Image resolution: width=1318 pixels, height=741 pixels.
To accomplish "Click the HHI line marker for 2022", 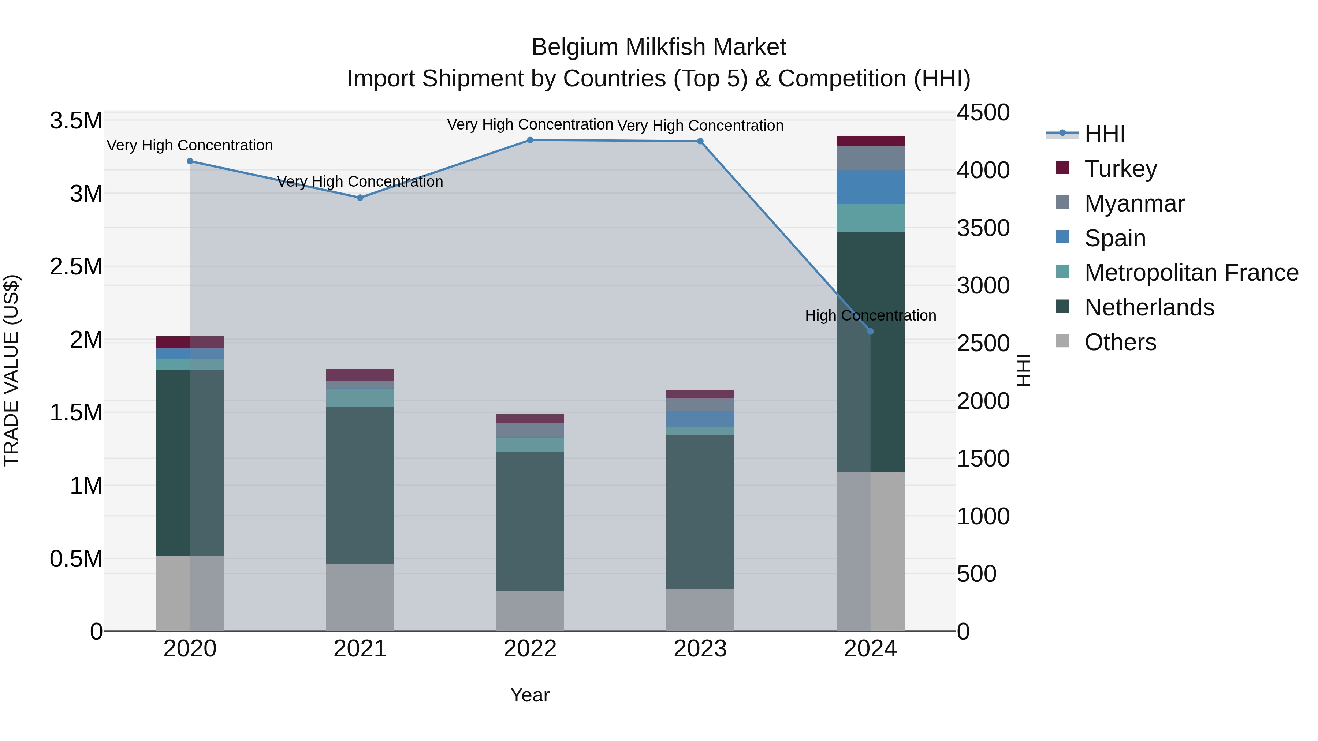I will (x=530, y=140).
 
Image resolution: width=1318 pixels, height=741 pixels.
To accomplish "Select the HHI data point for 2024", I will (x=870, y=332).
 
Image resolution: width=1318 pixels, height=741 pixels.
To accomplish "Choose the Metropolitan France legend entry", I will (x=1191, y=273).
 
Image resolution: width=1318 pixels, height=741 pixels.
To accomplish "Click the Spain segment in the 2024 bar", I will (x=870, y=187).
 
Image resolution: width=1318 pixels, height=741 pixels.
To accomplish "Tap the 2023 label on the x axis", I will (x=700, y=649).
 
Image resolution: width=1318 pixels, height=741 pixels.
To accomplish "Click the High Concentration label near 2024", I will (x=870, y=315).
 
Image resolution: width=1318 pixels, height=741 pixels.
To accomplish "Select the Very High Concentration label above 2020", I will (x=189, y=145).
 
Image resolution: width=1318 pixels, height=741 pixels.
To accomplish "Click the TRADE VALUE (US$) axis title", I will (x=11, y=370).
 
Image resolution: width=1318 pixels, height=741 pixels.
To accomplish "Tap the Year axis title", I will (x=529, y=695).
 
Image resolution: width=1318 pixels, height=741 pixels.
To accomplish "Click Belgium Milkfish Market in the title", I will (x=659, y=47).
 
